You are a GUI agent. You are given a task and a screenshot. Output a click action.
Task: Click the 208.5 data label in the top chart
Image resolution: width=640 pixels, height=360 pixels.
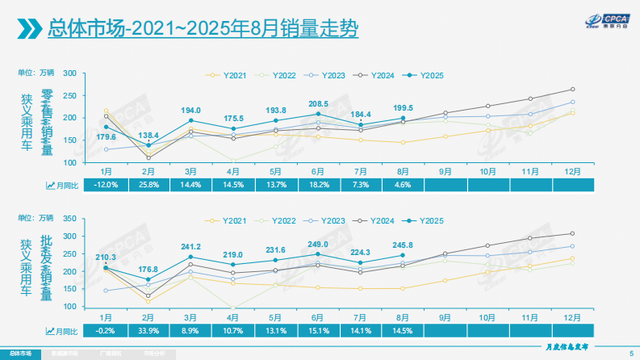click(x=319, y=104)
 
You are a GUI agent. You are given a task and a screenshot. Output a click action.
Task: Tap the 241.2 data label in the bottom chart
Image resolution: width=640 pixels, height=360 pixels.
click(x=190, y=247)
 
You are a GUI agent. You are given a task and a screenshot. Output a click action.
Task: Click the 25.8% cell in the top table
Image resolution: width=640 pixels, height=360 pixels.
click(x=148, y=186)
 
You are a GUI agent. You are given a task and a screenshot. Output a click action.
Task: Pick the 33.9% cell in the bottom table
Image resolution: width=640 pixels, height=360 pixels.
click(x=148, y=330)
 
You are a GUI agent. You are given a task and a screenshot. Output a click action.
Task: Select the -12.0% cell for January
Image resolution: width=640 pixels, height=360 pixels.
click(x=107, y=186)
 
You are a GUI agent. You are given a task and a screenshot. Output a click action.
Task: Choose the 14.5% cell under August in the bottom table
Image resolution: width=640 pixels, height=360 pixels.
click(x=403, y=330)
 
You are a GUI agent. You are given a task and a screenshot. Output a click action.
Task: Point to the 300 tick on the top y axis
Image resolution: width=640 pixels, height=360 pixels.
click(x=69, y=73)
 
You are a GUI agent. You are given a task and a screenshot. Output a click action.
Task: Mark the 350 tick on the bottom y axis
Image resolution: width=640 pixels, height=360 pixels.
click(x=69, y=219)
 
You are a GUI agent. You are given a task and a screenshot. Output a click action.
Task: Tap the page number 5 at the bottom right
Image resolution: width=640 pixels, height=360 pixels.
click(x=630, y=353)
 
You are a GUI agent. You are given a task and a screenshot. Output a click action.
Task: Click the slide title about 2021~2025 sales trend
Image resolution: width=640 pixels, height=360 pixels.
click(x=203, y=30)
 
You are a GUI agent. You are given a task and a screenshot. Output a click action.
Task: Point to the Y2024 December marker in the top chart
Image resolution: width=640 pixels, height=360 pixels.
click(x=572, y=90)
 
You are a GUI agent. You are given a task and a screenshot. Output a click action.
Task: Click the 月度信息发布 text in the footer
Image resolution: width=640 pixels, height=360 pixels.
click(x=570, y=345)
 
